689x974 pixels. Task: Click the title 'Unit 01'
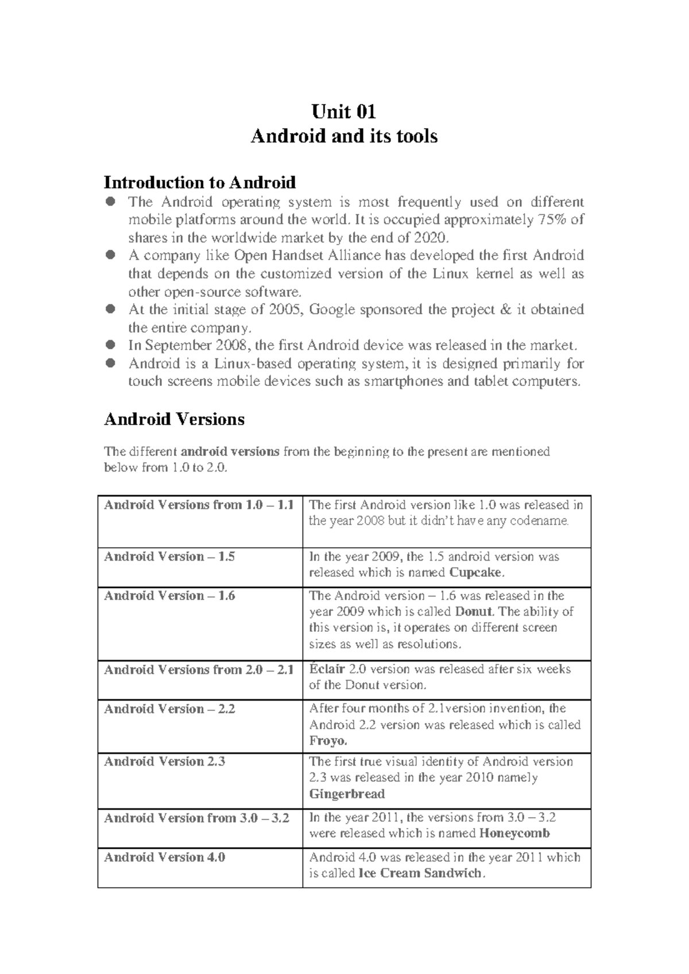click(343, 110)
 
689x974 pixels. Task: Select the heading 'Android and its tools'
click(344, 136)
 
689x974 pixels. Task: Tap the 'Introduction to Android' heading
click(199, 183)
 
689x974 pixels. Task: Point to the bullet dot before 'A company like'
click(111, 254)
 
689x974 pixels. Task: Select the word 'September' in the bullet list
click(170, 346)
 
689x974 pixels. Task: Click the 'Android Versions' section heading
click(174, 419)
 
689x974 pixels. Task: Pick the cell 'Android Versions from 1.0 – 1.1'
click(199, 505)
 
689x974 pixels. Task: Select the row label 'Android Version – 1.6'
click(169, 596)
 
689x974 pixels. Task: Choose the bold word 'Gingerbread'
click(347, 794)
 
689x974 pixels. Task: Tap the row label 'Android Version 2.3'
click(164, 762)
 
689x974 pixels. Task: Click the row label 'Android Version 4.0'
click(164, 857)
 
